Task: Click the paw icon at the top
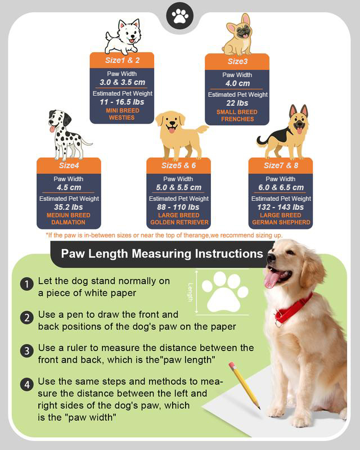180,16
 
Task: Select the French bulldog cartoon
237,35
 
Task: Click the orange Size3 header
237,61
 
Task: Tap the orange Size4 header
69,165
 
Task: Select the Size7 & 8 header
281,165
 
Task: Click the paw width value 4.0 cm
237,83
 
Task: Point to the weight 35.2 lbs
69,207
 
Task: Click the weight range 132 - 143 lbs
281,207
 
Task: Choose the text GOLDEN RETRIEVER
178,222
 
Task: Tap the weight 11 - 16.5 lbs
121,102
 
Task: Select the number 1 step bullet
26,284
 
